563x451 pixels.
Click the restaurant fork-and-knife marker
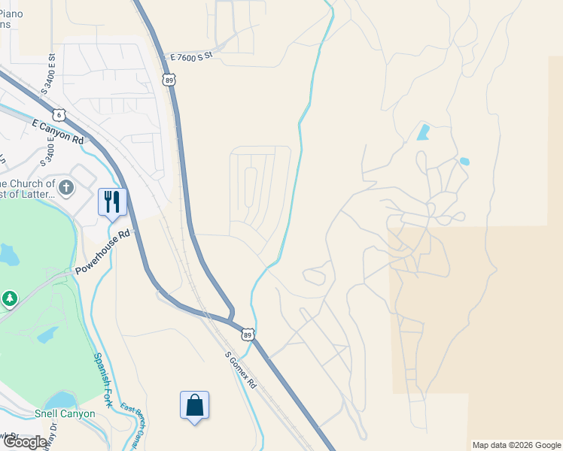(112, 201)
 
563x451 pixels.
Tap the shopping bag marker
(194, 405)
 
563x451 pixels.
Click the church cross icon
(66, 187)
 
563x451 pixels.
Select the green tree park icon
(9, 299)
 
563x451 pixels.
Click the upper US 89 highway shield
(169, 79)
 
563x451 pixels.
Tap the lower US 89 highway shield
(248, 334)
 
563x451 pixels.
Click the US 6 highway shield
(60, 114)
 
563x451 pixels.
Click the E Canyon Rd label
(58, 130)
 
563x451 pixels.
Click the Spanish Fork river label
(103, 380)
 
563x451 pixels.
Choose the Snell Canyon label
(65, 413)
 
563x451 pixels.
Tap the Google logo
(25, 442)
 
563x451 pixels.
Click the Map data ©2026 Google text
(516, 445)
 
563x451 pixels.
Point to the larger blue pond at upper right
(423, 133)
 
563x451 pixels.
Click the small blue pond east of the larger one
(464, 161)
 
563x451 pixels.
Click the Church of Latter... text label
(27, 189)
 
